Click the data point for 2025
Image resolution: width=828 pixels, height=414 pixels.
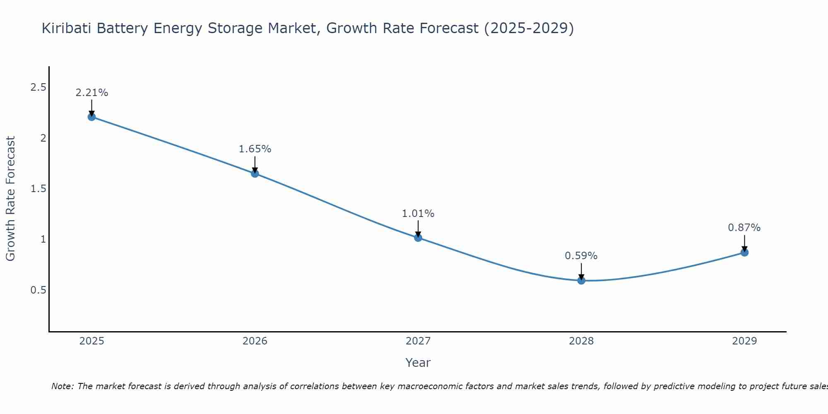tap(91, 117)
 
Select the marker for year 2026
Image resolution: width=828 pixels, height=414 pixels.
tap(255, 173)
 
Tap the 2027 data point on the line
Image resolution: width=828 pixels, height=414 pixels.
tap(418, 238)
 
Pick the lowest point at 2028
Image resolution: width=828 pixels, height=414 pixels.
tap(581, 280)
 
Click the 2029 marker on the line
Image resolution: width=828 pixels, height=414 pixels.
tap(744, 253)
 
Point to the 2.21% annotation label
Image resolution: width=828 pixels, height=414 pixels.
tap(91, 93)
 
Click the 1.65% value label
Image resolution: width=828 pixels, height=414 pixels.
tap(255, 149)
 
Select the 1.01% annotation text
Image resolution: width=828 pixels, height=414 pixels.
tap(418, 214)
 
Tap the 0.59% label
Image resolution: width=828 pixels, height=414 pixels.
tap(581, 256)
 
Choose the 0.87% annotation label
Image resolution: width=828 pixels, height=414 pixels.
tap(744, 228)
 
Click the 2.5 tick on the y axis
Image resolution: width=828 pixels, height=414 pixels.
tap(38, 87)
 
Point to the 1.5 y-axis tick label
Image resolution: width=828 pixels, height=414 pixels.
tap(38, 189)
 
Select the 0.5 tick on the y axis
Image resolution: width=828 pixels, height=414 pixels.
tap(38, 290)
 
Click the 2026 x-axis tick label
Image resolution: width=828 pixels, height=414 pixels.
tap(255, 341)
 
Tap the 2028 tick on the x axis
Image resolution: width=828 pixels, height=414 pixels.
tap(581, 341)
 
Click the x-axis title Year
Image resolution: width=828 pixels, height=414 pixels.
tap(418, 363)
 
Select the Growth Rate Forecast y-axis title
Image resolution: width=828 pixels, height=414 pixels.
tap(10, 199)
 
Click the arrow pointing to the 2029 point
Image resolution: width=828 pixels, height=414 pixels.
tap(744, 243)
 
